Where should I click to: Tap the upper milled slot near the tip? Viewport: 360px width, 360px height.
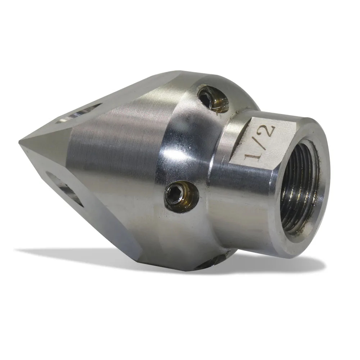[78, 113]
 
